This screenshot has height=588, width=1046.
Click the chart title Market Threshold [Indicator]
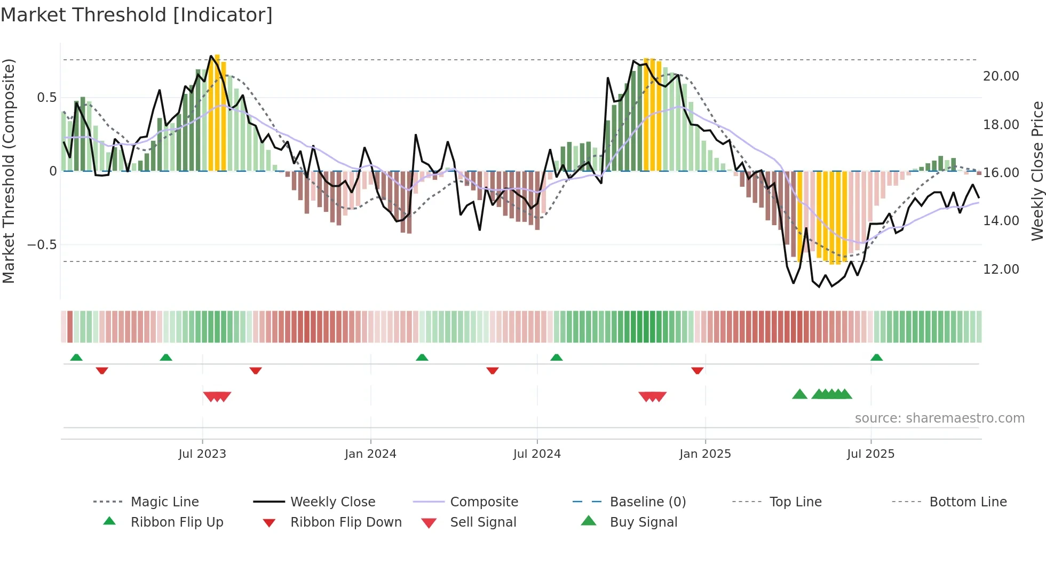coord(137,15)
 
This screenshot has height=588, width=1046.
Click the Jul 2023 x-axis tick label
coord(202,454)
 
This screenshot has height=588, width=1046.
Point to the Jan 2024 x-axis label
coord(370,454)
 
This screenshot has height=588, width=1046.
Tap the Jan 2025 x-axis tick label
coord(705,454)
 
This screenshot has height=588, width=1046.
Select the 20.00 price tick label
coord(1001,76)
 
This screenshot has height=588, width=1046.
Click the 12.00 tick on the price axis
coord(1001,269)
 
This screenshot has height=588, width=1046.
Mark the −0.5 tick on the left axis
coord(42,245)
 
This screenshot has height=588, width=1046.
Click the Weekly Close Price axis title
coord(1037,171)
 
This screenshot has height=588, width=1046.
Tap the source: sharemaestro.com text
coord(939,418)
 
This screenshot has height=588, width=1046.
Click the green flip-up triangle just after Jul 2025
coord(876,357)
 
